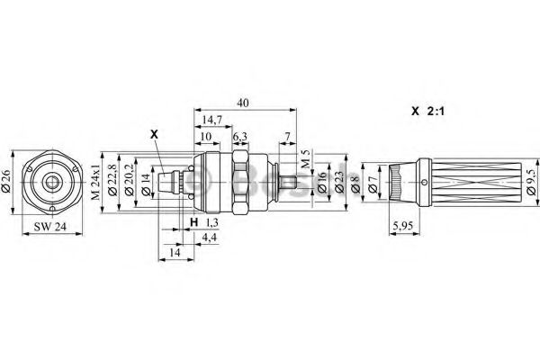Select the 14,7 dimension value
point(213,119)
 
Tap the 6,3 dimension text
point(240,136)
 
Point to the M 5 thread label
point(305,158)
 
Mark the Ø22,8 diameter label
point(112,181)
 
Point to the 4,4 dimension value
point(209,237)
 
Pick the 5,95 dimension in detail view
point(407,228)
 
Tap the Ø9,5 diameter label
point(530,183)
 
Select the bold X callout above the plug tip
point(154,134)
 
